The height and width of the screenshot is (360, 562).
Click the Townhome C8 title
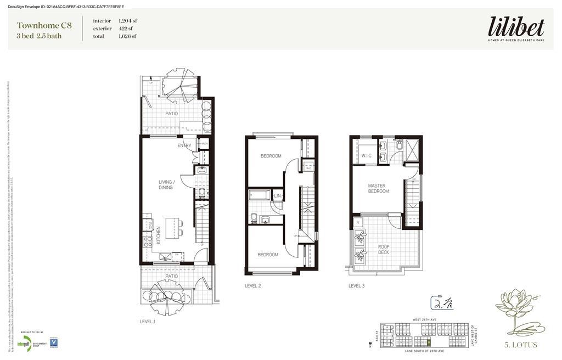tap(44, 25)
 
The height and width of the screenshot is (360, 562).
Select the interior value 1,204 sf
tap(128, 21)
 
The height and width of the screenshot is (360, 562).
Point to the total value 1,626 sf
tap(128, 36)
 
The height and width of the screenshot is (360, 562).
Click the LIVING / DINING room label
tap(166, 184)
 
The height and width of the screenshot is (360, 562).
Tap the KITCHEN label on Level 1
tap(159, 235)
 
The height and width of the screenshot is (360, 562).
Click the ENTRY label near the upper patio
tap(184, 145)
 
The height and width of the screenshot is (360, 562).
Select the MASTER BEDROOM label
tap(378, 188)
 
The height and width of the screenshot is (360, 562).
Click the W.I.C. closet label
tap(367, 156)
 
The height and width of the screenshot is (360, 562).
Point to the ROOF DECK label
tap(384, 249)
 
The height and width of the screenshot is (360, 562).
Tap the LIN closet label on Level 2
tap(278, 196)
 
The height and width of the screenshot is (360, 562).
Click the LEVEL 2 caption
tap(252, 286)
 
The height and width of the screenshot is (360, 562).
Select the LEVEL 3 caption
tap(356, 286)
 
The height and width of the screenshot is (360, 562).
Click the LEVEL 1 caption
tap(148, 322)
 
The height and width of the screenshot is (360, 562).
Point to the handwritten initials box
tap(442, 303)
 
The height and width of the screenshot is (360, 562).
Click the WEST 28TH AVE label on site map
tap(424, 320)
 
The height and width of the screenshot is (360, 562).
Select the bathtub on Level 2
tap(260, 194)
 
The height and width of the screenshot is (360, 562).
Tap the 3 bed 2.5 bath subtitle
tap(39, 36)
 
